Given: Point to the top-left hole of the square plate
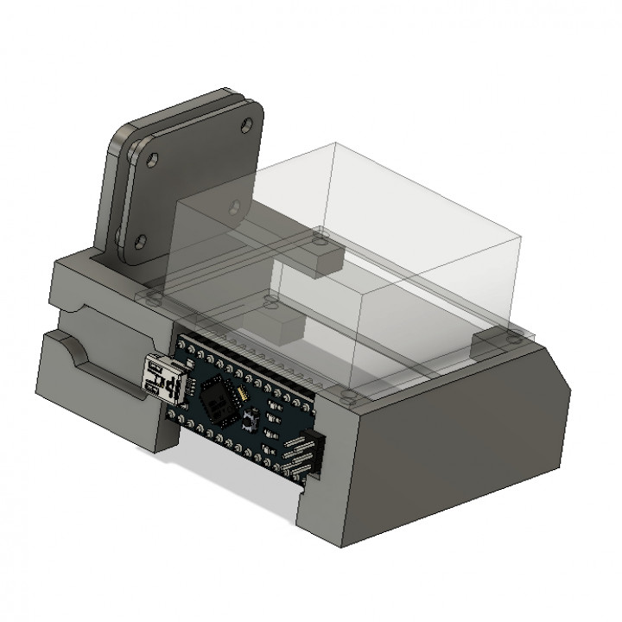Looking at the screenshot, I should pos(153,161).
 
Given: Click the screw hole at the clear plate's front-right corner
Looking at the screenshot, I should pos(347,396).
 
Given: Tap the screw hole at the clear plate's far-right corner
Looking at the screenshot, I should pos(516,333).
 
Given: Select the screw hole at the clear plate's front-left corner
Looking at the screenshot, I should pos(154,298).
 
